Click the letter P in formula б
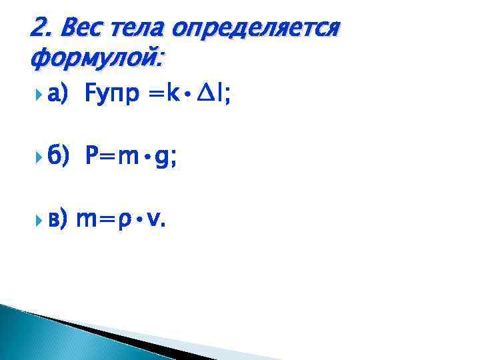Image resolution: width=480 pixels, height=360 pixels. click(91, 157)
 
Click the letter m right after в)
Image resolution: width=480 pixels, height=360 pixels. click(89, 219)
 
